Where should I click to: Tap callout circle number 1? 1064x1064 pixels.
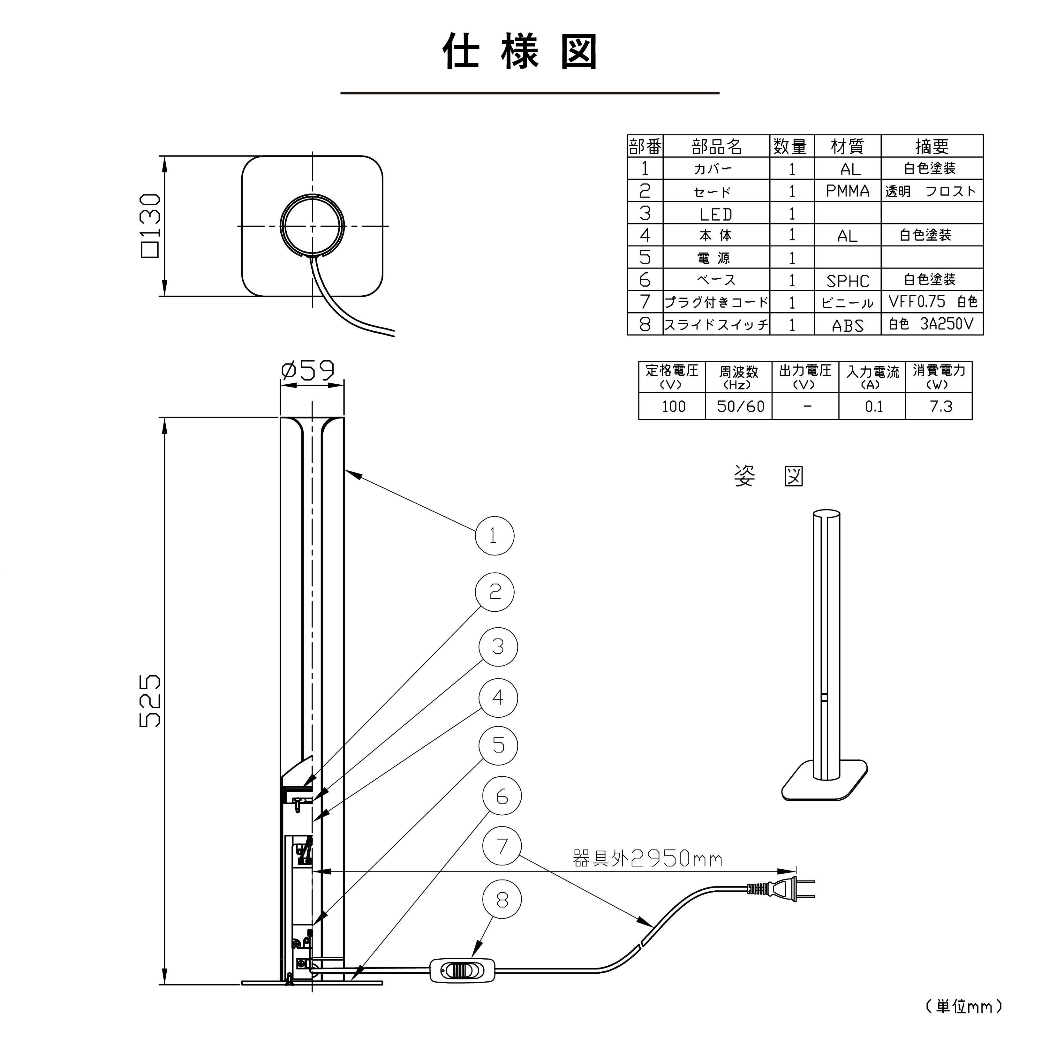[494, 535]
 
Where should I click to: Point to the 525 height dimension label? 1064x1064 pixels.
[150, 700]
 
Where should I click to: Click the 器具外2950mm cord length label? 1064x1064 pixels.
[647, 858]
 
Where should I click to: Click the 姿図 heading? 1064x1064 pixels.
[768, 476]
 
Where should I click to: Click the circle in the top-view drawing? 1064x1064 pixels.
[312, 225]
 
